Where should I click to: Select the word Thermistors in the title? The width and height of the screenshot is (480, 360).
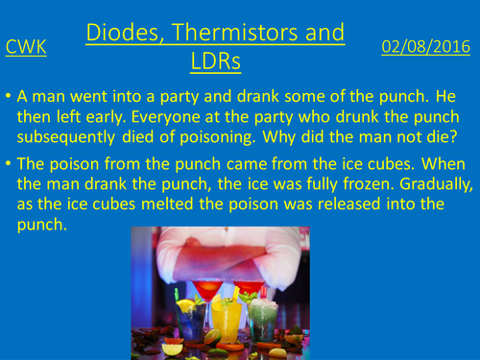[246, 34]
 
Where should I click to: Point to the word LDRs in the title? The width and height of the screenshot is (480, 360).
[215, 60]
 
